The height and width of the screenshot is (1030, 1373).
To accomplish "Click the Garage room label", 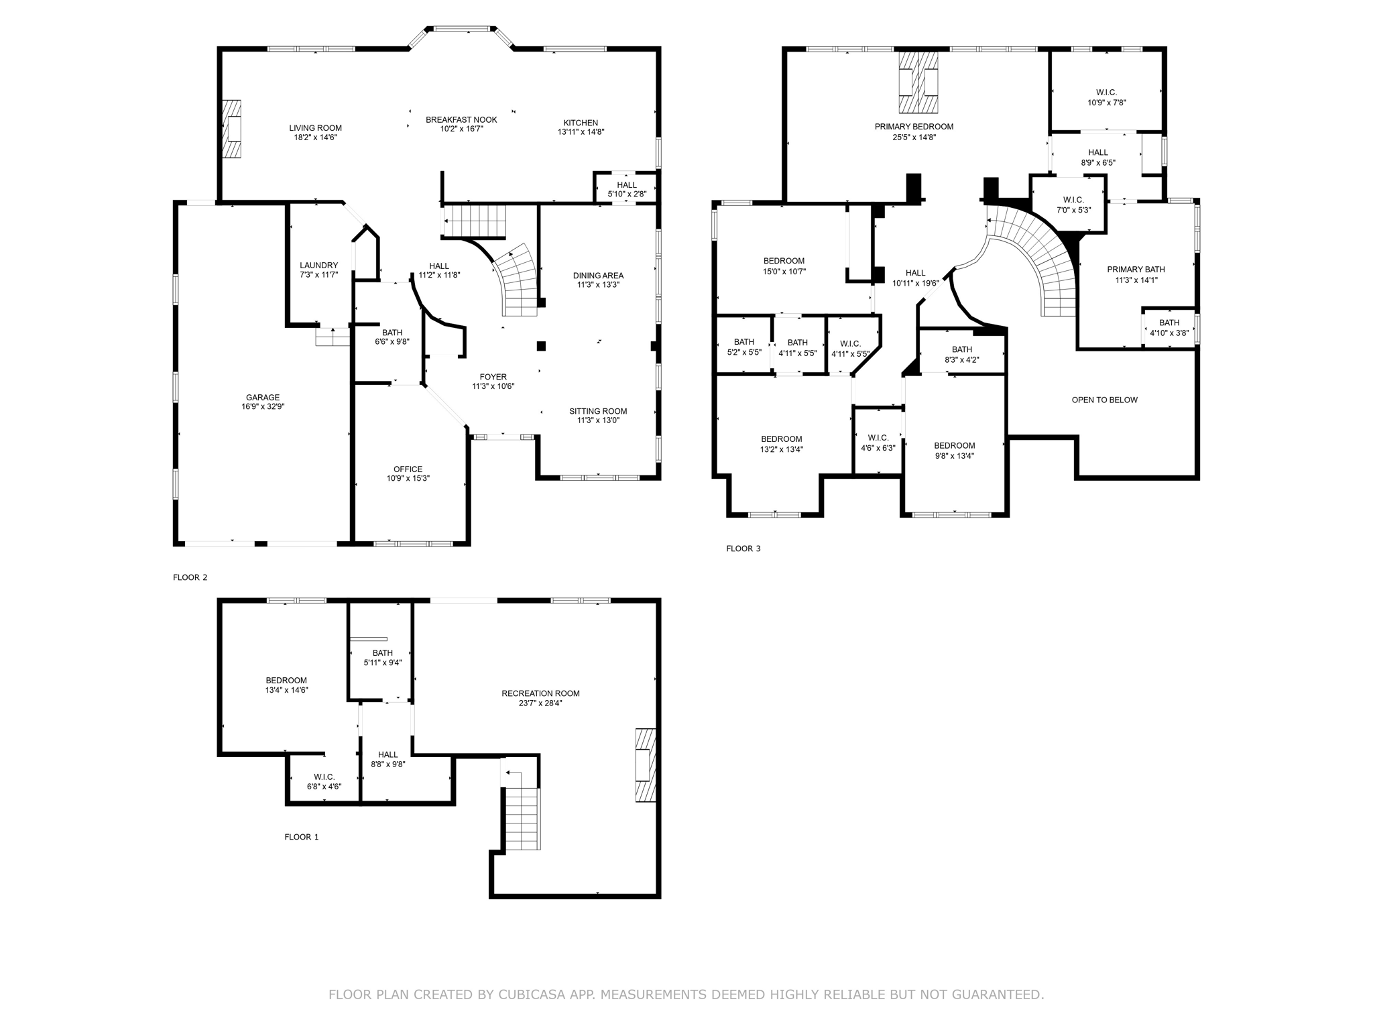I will click(x=262, y=398).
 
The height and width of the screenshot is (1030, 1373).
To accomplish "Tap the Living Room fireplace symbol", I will click(x=231, y=129).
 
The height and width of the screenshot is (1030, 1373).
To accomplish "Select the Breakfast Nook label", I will click(x=461, y=120).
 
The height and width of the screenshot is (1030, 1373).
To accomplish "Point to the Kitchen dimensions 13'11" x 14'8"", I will click(x=581, y=132).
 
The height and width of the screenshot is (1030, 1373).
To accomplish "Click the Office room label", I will click(x=408, y=469).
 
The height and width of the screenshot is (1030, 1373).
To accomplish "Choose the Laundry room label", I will click(x=318, y=266).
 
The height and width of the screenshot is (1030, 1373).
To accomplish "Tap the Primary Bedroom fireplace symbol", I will click(x=918, y=82).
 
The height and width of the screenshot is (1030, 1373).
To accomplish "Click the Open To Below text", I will click(x=1104, y=400).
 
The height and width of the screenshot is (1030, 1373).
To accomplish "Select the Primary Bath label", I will click(x=1136, y=270).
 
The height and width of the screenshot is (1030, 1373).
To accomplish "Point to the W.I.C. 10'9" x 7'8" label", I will click(x=1106, y=98).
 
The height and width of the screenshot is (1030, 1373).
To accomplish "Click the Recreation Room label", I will click(x=540, y=693).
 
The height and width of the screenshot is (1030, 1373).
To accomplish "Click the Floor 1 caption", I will click(x=302, y=837).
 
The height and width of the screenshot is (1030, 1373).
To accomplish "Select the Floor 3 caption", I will click(x=743, y=549).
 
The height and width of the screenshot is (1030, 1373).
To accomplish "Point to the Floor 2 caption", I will click(x=190, y=577).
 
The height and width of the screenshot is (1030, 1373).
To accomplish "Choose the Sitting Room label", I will click(x=598, y=412).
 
